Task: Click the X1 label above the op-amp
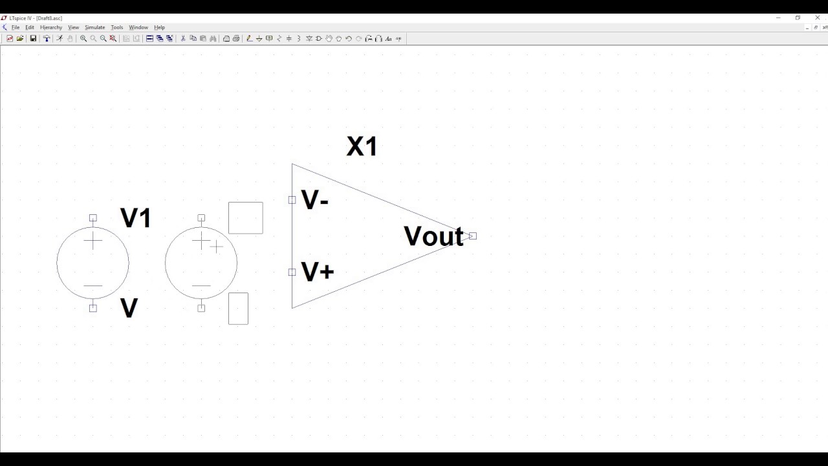tap(362, 147)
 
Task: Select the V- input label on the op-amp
tap(315, 201)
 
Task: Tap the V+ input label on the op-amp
tap(318, 272)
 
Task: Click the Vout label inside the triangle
tap(433, 237)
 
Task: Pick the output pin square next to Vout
tap(473, 236)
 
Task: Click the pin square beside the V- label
tap(292, 200)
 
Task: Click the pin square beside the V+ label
tap(292, 272)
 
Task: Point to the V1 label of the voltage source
tap(136, 218)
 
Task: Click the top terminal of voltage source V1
tap(93, 218)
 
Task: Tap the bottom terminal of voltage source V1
tap(93, 308)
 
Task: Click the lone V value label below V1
tap(129, 309)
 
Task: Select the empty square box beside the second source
tap(246, 217)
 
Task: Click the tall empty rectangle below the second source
tap(238, 309)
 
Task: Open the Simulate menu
tap(94, 28)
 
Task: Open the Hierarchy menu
tap(51, 28)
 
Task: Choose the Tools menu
tap(116, 28)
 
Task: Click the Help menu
tap(159, 28)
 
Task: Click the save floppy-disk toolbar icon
tap(33, 39)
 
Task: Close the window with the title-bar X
tap(818, 17)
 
